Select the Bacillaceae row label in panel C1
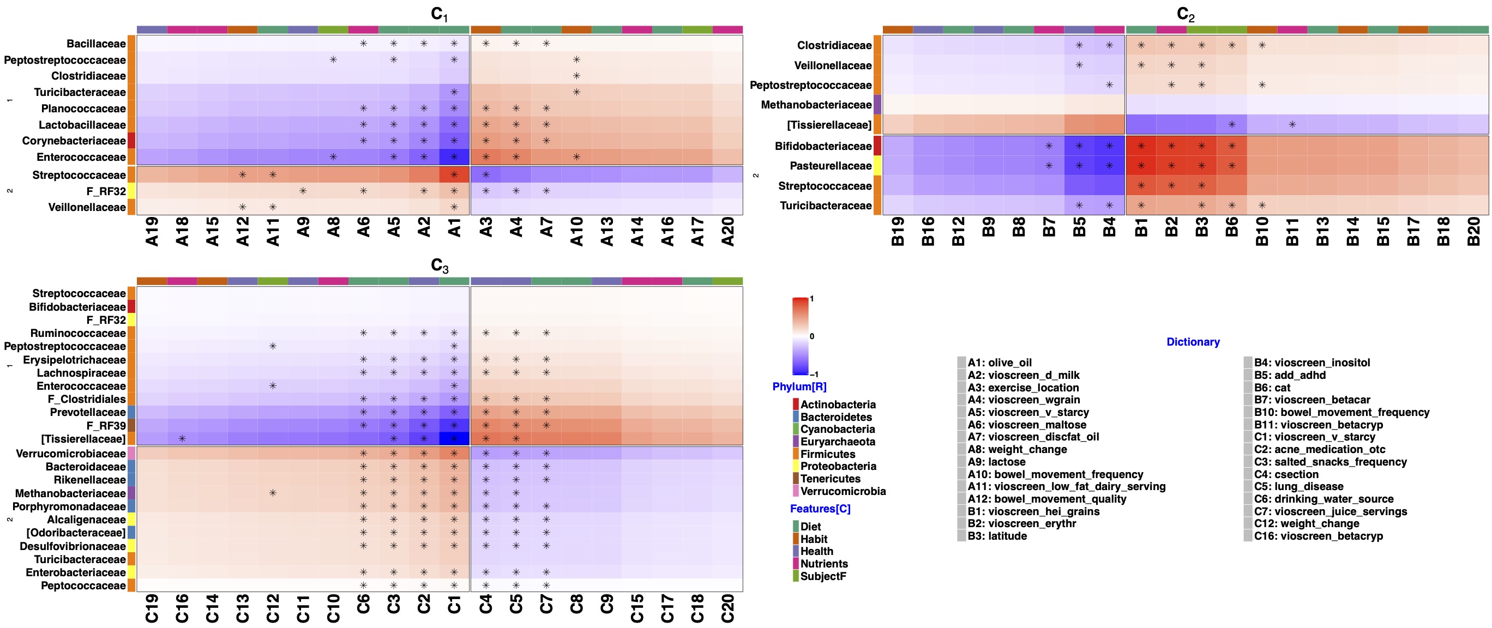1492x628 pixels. point(95,44)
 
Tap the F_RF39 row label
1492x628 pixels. point(105,425)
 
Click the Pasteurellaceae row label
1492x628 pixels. point(830,166)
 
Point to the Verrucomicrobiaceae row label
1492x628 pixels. point(70,454)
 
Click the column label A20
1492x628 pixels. point(728,232)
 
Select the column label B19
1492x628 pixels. point(898,232)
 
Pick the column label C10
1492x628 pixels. point(333,608)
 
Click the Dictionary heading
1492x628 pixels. point(1193,342)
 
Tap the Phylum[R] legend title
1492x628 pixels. point(799,387)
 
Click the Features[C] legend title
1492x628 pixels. point(820,509)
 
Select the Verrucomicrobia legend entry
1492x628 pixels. point(843,491)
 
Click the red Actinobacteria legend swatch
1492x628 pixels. point(796,404)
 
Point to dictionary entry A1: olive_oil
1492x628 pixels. point(999,363)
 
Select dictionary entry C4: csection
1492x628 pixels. point(1286,475)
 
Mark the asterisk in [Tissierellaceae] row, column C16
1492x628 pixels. point(182,439)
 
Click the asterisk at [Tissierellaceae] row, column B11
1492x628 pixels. point(1292,124)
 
